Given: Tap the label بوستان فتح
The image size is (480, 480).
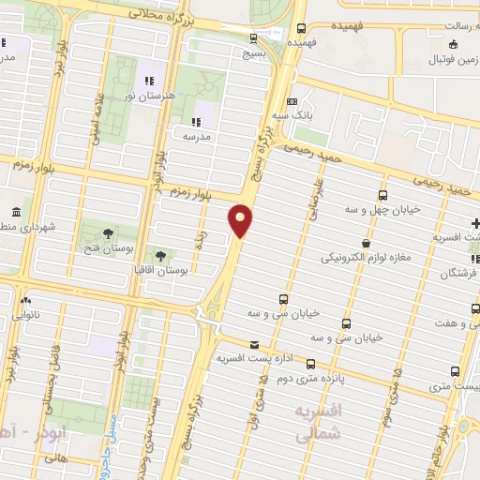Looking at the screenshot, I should pos(106,248).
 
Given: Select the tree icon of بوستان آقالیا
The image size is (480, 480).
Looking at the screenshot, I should pos(160,255).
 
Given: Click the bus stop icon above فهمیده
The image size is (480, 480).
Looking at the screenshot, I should pos(301,27).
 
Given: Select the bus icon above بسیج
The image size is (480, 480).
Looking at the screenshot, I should pos(254,37).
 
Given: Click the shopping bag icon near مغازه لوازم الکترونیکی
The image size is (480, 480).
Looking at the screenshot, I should pos(365,243).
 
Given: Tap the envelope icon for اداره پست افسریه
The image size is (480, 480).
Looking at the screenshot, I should pos(255,346).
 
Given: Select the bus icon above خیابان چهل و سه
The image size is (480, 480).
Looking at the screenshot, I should pos(382,195).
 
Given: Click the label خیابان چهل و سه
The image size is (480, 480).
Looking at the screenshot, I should pos(382,209).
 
